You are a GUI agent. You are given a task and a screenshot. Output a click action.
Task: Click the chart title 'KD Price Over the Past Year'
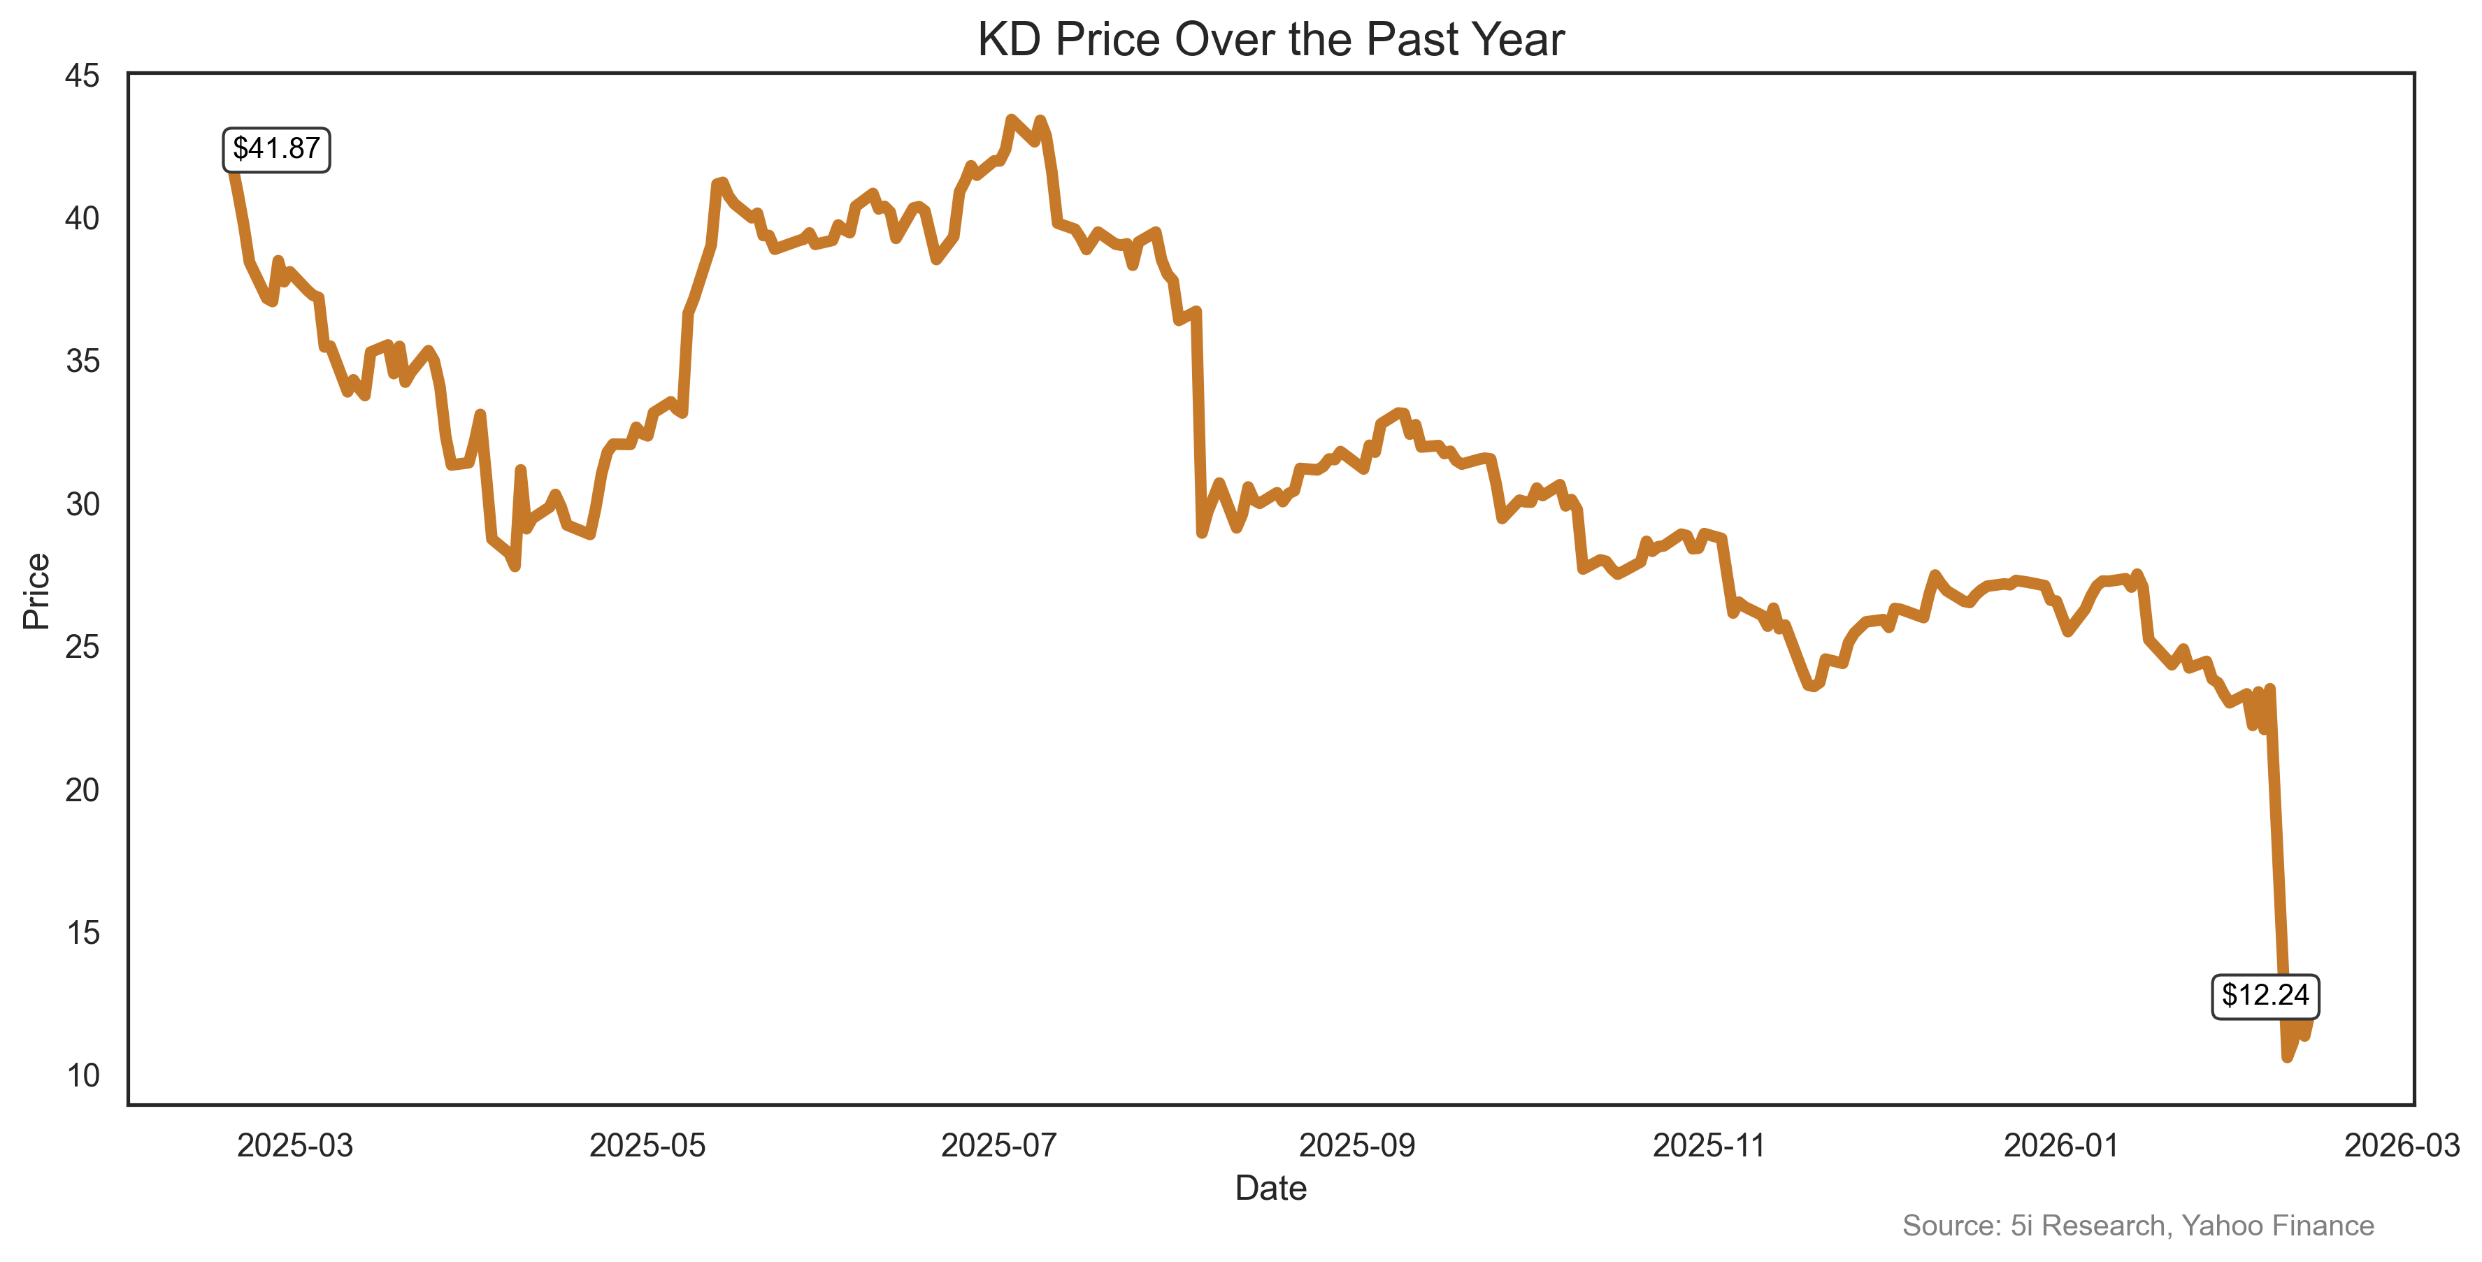[1270, 41]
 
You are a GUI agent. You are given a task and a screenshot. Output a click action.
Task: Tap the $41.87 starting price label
[277, 150]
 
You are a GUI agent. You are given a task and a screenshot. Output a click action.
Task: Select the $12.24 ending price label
[2265, 995]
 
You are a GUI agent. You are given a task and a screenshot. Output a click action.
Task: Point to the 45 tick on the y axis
[83, 75]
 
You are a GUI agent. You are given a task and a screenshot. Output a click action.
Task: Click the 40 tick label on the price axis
[83, 219]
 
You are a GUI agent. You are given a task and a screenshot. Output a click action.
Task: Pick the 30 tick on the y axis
[83, 504]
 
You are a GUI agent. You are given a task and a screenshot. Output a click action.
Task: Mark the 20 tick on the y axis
[83, 790]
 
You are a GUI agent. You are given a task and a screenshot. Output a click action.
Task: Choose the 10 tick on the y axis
[83, 1075]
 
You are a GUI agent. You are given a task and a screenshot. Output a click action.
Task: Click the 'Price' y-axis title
[36, 591]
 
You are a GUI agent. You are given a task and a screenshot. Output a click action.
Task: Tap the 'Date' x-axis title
[1270, 1188]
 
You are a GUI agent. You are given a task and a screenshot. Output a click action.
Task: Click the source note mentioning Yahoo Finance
[2137, 1226]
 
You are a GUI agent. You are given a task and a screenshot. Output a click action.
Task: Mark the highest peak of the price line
[1011, 120]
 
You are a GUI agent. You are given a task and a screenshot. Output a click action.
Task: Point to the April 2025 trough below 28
[515, 566]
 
